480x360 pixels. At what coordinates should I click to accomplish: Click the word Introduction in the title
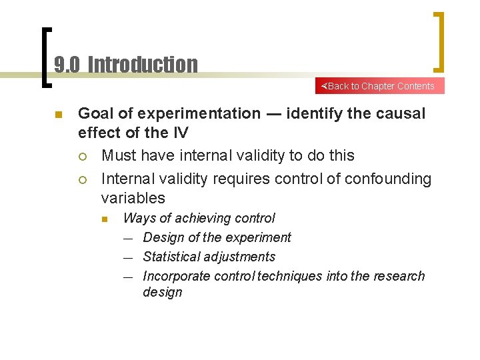(143, 65)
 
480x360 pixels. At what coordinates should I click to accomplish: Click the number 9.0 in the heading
(67, 65)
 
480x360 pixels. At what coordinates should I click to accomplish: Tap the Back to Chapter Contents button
(379, 86)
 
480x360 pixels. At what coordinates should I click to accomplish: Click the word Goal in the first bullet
(95, 114)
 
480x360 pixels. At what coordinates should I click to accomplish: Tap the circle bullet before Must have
(82, 156)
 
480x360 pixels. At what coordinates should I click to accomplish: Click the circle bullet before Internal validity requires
(82, 179)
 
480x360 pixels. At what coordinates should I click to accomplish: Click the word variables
(133, 198)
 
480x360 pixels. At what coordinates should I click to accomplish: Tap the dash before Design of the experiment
(128, 238)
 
